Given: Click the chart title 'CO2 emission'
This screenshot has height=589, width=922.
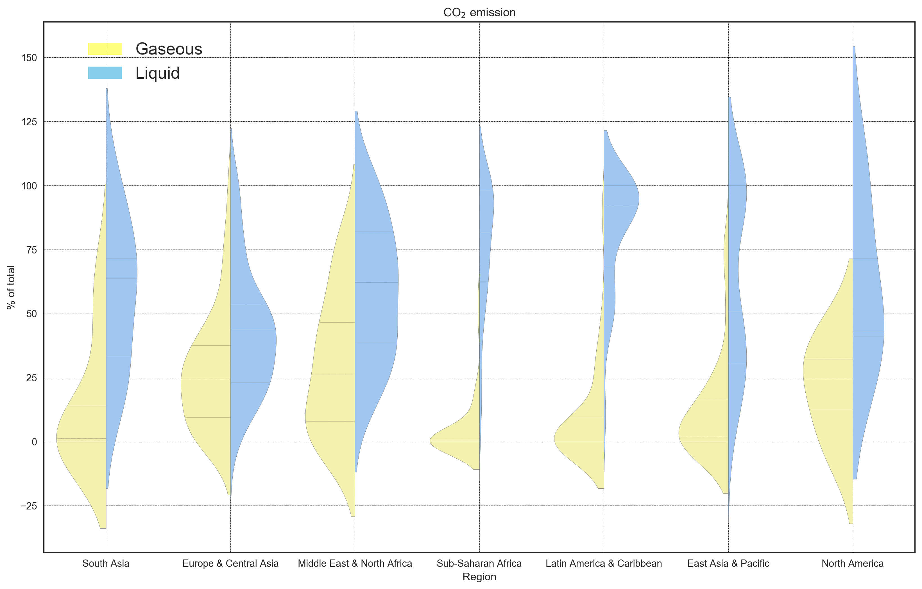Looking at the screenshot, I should (x=479, y=13).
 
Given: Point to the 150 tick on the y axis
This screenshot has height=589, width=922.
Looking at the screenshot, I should (x=29, y=58).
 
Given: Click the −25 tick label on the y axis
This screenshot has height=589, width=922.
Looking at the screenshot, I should (x=29, y=506).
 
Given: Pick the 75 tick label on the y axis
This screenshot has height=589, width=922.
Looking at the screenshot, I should (x=31, y=250).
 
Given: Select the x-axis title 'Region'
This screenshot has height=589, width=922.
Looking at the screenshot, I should (x=479, y=577).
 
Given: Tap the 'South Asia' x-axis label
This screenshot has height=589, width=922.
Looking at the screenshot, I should (x=106, y=563).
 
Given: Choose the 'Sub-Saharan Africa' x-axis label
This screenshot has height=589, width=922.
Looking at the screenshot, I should (x=479, y=563).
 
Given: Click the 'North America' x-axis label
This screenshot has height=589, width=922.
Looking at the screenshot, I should (x=853, y=563).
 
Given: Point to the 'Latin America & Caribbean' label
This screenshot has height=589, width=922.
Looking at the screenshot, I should (x=604, y=563).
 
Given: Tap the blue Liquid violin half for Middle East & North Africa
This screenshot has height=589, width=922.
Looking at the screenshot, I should (x=375, y=287).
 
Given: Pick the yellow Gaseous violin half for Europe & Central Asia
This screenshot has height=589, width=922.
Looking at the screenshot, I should (x=207, y=383).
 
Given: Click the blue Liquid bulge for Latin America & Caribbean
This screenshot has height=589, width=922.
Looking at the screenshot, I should (x=620, y=199).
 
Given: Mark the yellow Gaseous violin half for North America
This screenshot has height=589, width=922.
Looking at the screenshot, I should (x=831, y=383).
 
